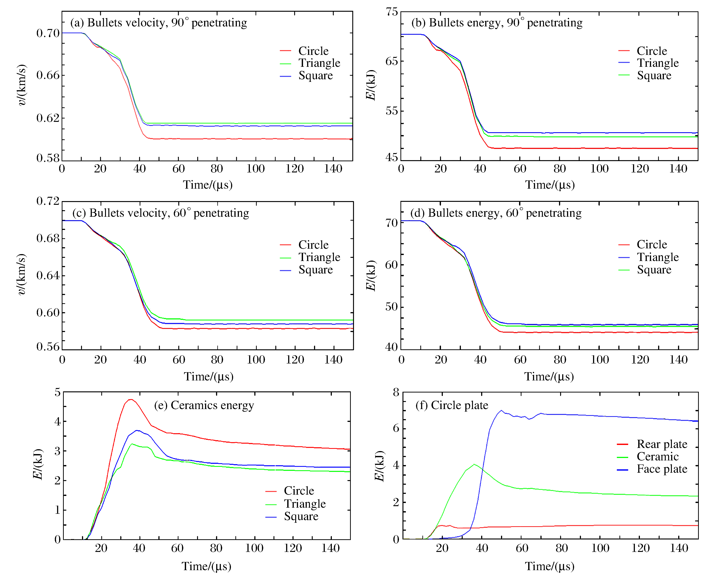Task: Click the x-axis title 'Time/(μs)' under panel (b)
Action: click(x=550, y=185)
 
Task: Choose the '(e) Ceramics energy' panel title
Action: click(x=204, y=405)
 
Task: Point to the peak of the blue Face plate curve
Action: click(x=501, y=410)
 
